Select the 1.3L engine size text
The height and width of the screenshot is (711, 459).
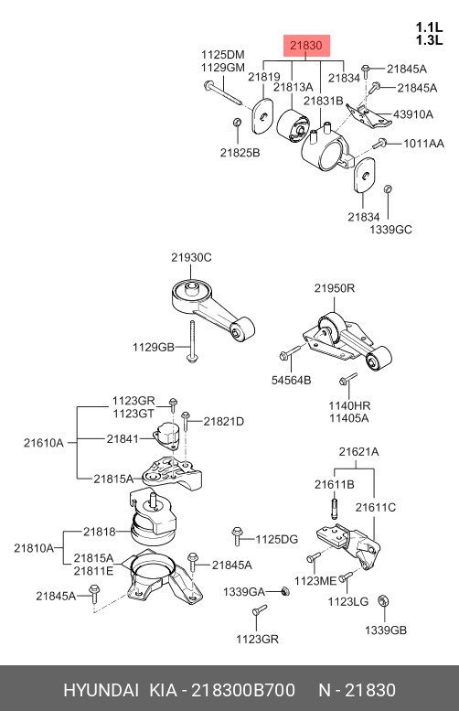coord(429,40)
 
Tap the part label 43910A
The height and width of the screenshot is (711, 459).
coord(413,114)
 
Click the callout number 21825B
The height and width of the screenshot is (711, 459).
coord(240,152)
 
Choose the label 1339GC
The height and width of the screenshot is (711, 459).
coord(391,229)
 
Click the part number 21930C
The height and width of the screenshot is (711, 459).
coord(190,257)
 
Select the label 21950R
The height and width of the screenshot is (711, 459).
coord(335,288)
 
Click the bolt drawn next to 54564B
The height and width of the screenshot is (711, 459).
coord(287,354)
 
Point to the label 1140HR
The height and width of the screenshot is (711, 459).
coord(348,405)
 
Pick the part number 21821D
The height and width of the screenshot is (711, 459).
coord(223,421)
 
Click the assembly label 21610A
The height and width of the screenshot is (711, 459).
coord(43,443)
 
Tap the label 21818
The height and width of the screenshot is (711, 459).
coord(99,531)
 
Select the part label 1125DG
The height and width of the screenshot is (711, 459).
coord(276,539)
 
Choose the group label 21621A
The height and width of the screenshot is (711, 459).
coord(358,451)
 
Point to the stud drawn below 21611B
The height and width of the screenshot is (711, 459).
coord(335,506)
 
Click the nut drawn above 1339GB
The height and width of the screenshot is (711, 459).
coord(385,600)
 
